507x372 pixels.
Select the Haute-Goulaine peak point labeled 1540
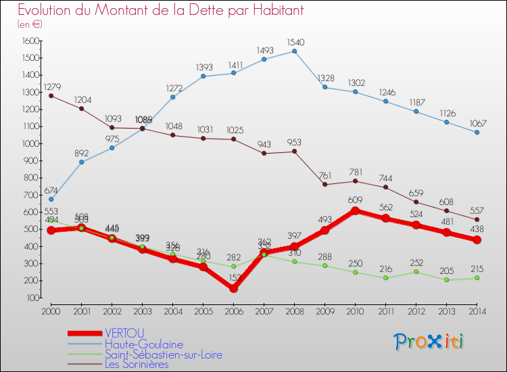[294, 51]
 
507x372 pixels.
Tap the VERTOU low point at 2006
[233, 288]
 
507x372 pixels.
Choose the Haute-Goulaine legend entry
[144, 344]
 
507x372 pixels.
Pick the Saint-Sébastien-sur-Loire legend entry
[163, 354]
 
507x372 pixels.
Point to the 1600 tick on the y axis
[29, 41]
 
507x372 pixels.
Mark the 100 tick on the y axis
[31, 298]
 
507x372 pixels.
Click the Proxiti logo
[429, 341]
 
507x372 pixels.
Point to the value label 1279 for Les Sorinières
[52, 87]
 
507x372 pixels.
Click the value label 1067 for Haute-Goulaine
[477, 123]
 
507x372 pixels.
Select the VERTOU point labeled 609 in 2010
[355, 210]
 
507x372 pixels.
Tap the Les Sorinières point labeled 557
[477, 219]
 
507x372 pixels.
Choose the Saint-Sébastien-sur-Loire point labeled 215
[477, 278]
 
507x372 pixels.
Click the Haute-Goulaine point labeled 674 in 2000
[51, 200]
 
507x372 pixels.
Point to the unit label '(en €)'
[30, 24]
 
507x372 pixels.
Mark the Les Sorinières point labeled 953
[294, 151]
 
